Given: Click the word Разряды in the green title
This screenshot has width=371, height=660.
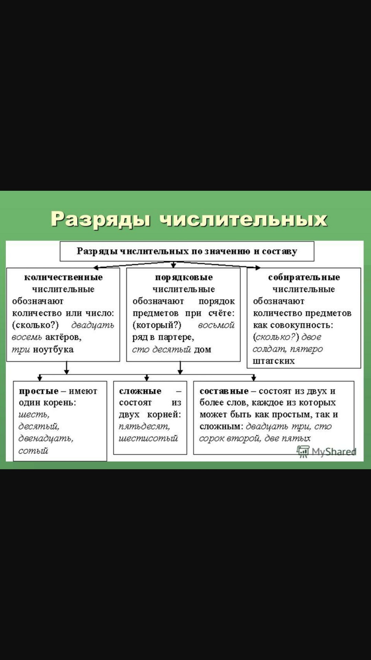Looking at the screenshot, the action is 101,219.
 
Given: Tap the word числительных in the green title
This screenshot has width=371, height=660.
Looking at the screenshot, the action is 244,219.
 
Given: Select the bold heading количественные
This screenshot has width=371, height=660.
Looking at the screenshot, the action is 63,277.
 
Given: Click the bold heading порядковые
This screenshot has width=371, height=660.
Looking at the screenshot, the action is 184,277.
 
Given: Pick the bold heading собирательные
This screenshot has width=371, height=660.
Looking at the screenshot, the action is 304,277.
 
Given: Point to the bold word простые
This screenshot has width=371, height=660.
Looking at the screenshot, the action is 39,391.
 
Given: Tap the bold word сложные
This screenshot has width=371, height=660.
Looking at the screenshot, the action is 140,391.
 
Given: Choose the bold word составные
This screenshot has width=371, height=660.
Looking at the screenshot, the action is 224,391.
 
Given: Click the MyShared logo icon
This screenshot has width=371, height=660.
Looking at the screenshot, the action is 303,452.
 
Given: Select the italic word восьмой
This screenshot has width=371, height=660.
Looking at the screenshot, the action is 216,325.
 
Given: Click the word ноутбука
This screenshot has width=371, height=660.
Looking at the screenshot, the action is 53,350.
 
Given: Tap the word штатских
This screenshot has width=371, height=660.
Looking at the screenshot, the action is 274,361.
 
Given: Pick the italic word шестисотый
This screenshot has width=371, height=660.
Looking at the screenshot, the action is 148,438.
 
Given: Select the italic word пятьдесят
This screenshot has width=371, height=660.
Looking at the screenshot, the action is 144,427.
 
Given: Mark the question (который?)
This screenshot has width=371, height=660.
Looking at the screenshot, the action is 157,325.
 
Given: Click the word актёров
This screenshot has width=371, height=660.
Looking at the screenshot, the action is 64,337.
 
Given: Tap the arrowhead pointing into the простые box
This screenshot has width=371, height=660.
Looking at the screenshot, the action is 40,378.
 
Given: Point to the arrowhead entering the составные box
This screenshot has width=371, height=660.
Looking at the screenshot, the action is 254,378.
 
